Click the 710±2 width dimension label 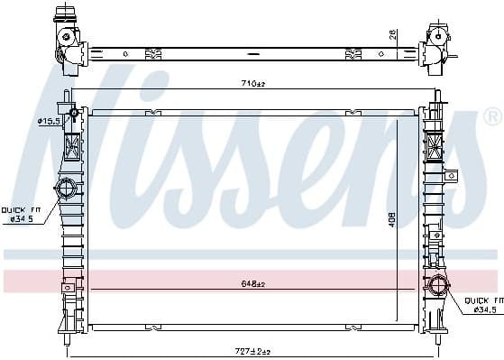tap(252, 85)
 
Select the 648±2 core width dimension tap(252, 283)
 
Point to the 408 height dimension tap(392, 218)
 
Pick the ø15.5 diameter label tap(48, 120)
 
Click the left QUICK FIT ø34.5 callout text tap(21, 212)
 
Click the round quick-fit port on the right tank tap(437, 286)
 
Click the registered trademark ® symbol tap(491, 117)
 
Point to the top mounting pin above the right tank tap(437, 95)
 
